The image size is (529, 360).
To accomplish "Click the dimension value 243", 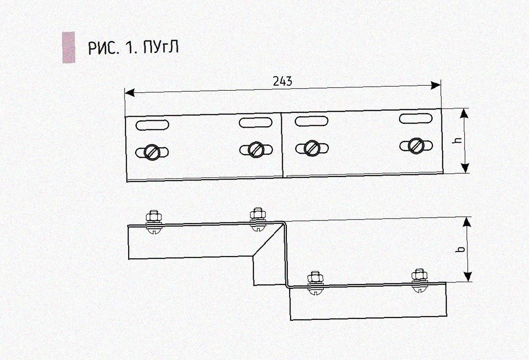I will [282, 81].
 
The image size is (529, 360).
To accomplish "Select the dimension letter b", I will [461, 249].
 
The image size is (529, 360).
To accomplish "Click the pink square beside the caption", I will [69, 47].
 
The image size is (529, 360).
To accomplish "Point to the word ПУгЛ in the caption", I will [161, 47].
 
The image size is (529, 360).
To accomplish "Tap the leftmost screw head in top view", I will [151, 152].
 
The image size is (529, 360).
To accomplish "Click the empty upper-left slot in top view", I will [152, 124].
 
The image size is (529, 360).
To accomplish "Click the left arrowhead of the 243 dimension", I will [130, 93].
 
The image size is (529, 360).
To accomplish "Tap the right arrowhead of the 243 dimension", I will [436, 85].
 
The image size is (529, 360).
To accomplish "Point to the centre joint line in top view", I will [282, 144].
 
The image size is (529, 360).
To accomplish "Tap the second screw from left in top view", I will [255, 149].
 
